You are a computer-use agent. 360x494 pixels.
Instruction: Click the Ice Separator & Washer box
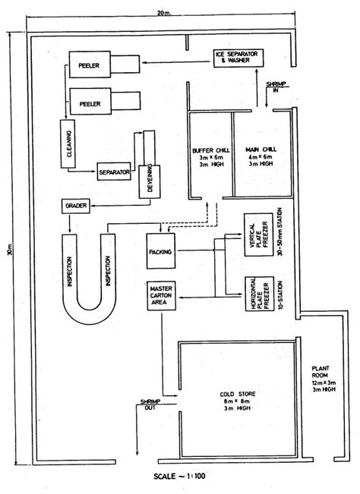click(x=238, y=58)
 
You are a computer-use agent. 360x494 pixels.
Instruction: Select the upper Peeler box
click(x=90, y=65)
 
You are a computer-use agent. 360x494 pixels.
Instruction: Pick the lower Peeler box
click(x=90, y=101)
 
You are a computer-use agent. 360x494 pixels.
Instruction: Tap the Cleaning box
click(x=68, y=143)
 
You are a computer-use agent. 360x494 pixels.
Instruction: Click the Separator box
click(x=114, y=171)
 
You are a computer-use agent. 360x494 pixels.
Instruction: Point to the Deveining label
click(x=150, y=178)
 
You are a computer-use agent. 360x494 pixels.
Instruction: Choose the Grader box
click(x=76, y=206)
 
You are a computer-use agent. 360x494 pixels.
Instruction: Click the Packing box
click(x=161, y=250)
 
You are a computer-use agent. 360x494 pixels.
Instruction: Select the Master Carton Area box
click(x=161, y=296)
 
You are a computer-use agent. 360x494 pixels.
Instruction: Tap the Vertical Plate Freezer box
click(x=258, y=234)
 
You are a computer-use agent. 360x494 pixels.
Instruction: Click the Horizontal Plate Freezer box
click(x=259, y=294)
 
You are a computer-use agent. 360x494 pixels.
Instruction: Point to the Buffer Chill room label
click(x=211, y=157)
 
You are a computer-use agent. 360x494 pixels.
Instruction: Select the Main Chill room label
click(x=261, y=156)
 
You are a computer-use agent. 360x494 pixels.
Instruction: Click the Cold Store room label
click(x=238, y=401)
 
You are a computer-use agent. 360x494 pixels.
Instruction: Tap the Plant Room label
click(x=324, y=379)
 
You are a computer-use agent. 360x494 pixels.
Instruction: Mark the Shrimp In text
click(x=276, y=87)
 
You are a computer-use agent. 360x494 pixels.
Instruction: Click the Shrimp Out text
click(x=150, y=404)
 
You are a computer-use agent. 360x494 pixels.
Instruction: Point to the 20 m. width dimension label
click(x=164, y=13)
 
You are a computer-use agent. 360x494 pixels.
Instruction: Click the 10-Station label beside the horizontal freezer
click(x=280, y=295)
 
